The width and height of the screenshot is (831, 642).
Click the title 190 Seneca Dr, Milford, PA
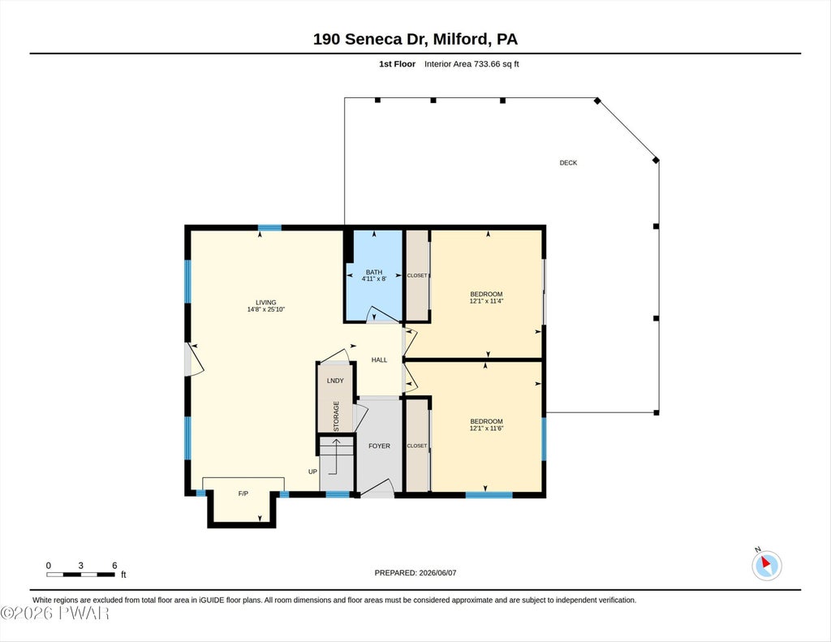point(415,39)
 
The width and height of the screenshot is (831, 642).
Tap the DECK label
point(568,163)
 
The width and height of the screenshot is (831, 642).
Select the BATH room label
point(374,272)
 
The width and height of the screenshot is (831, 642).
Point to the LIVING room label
point(266,303)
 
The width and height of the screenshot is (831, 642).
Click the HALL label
point(380,360)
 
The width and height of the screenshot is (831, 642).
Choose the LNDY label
point(335,381)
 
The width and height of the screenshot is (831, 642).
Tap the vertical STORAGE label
point(336,416)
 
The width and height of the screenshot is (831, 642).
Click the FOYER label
point(380,446)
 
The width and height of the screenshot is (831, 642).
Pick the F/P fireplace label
point(243,493)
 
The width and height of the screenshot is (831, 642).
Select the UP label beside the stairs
point(312,472)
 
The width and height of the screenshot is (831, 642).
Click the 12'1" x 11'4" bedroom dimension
point(487,301)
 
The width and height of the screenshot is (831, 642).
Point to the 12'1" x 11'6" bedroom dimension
point(487,429)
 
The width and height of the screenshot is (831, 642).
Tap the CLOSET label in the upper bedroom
point(417,276)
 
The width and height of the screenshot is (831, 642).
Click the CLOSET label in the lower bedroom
point(417,446)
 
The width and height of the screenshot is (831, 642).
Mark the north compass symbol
point(766,565)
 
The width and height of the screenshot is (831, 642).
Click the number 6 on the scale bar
point(114,566)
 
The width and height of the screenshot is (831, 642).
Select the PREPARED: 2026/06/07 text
point(415,572)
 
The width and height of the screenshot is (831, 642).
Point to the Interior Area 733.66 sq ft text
point(471,64)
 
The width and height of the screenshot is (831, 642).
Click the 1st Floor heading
point(397,64)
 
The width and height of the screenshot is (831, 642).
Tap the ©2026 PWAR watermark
point(55,614)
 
